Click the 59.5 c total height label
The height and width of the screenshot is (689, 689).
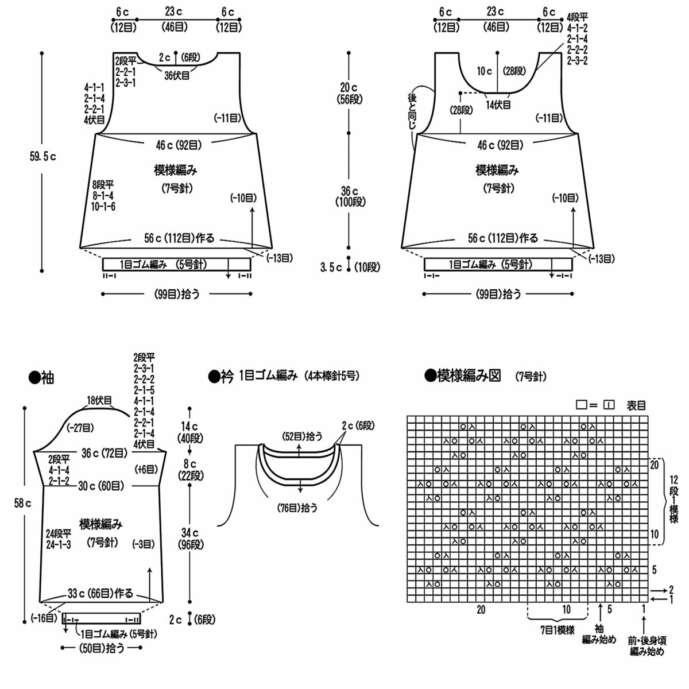click(43, 157)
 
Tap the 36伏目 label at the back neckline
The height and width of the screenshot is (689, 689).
click(177, 75)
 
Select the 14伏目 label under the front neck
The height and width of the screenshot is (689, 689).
click(498, 104)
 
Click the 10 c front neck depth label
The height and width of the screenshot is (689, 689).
click(484, 71)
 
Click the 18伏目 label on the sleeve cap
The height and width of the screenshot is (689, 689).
click(99, 400)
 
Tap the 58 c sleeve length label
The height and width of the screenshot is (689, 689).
click(22, 504)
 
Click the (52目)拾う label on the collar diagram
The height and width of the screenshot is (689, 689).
click(302, 436)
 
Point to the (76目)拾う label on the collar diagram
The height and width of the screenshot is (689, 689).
click(297, 508)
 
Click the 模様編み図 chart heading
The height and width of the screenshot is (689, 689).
click(469, 376)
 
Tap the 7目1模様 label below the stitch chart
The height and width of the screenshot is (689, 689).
click(558, 640)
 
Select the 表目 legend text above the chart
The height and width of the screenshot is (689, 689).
click(636, 405)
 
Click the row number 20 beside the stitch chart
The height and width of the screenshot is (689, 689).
click(654, 465)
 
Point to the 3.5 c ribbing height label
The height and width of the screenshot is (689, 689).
click(331, 267)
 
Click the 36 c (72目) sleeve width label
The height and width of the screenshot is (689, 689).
click(104, 454)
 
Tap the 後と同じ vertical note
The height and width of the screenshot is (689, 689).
click(412, 111)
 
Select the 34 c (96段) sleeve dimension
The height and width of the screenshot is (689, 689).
click(190, 539)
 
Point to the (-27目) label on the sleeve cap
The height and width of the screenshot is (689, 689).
click(80, 428)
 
